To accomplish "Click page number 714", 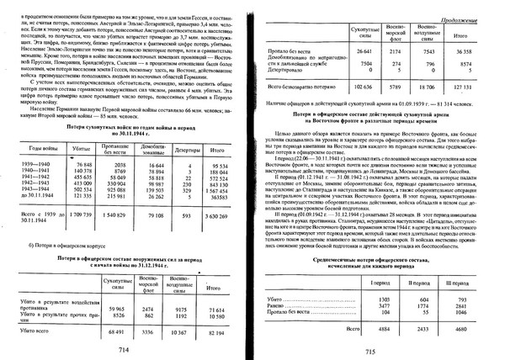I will [x=124, y=349].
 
